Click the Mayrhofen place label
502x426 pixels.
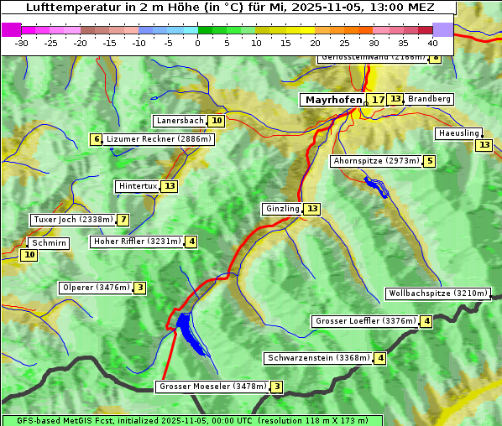click(x=333, y=100)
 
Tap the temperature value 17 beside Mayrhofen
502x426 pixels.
click(x=378, y=100)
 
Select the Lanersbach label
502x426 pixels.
click(x=180, y=121)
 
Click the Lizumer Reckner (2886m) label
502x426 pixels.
click(x=158, y=139)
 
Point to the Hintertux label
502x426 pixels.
click(x=139, y=186)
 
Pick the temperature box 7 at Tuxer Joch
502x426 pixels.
click(x=123, y=220)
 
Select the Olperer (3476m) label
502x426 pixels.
click(x=96, y=288)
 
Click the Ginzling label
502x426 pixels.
click(x=282, y=209)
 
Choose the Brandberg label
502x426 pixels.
click(x=429, y=99)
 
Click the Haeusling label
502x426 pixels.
click(x=458, y=133)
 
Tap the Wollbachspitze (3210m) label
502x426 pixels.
click(x=437, y=294)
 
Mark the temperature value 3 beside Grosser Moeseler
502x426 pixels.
click(x=277, y=387)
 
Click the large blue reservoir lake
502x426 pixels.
click(x=189, y=331)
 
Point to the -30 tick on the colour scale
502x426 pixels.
click(x=23, y=43)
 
